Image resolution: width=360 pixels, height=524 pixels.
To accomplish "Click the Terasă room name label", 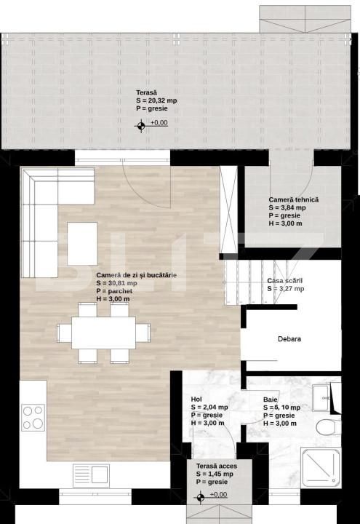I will pos(145,92).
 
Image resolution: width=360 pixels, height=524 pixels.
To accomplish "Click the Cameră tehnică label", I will pos(293,199).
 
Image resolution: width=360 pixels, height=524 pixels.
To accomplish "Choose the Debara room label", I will pos(289,339).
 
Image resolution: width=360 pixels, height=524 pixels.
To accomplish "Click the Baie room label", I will pos(271,400).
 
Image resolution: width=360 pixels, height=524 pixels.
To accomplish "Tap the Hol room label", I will pos(196,400).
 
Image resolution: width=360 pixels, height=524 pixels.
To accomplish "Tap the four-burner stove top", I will pos(33,417).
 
